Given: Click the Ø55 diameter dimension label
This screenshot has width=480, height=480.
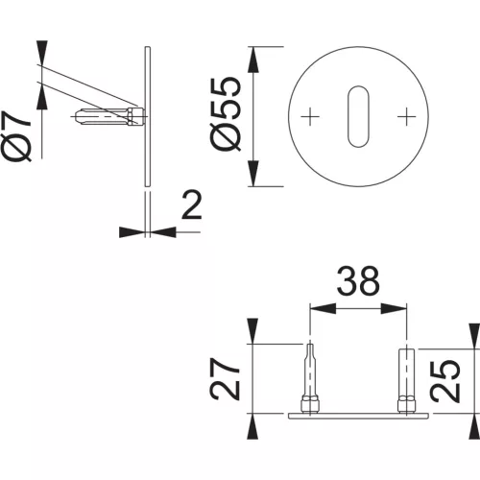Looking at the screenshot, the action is [225, 114].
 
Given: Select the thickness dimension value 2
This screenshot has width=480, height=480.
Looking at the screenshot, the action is [192, 204].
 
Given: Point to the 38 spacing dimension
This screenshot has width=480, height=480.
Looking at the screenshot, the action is [358, 281].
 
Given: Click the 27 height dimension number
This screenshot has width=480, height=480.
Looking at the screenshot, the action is [225, 379].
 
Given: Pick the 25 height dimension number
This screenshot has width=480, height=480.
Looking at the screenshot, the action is [444, 381].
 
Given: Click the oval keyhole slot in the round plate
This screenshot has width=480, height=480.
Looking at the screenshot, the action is [358, 116].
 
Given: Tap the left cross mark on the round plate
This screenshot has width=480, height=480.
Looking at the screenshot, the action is [310, 116].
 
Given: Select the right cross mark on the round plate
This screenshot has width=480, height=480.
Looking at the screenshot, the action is [406, 116].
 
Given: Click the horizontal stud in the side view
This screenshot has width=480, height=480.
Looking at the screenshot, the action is [108, 116].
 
